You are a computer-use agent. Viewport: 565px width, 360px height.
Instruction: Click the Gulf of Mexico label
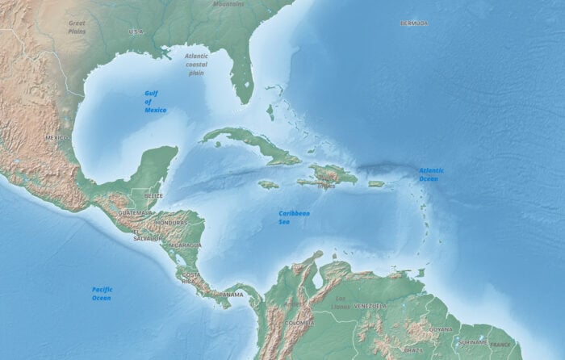[156, 101]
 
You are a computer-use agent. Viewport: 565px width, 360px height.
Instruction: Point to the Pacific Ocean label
[101, 293]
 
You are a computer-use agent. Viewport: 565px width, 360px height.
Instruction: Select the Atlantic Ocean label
[431, 174]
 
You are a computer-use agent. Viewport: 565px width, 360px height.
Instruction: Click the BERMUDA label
[414, 23]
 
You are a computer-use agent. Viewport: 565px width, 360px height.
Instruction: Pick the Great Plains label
[77, 28]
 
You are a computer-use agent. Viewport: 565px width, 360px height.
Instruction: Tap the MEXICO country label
[56, 138]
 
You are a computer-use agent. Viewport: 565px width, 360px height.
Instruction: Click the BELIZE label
[153, 196]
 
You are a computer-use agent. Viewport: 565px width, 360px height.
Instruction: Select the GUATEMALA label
[135, 212]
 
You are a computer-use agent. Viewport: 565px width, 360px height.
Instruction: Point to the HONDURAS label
[172, 223]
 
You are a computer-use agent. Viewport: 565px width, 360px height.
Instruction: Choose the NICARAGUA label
[186, 245]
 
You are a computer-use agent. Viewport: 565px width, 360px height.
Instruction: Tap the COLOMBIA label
[300, 323]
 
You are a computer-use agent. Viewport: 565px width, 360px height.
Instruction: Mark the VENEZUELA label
[370, 307]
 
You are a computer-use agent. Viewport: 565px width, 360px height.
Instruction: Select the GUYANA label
[441, 329]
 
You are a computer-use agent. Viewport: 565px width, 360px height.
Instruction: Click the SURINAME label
[472, 342]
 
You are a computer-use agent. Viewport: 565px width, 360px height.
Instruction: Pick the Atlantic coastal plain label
[196, 65]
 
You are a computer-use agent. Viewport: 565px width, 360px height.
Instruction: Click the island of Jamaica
[268, 185]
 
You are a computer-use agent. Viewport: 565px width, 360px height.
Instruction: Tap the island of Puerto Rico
[376, 184]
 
